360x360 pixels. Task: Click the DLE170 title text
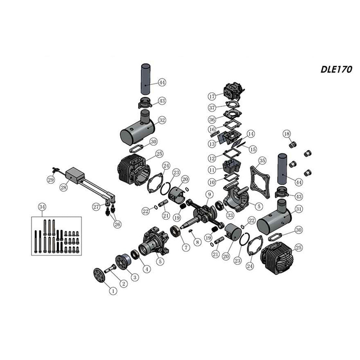tap(336, 70)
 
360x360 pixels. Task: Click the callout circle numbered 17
tap(212, 97)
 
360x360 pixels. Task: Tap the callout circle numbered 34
tap(42, 207)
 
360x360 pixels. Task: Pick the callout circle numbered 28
tap(63, 187)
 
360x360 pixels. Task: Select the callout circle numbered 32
tap(162, 120)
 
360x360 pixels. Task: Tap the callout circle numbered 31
tap(298, 209)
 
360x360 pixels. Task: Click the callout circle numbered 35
tap(262, 160)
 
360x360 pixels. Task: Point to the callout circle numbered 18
tap(287, 134)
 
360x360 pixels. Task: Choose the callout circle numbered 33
tap(230, 215)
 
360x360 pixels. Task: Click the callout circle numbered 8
tap(197, 242)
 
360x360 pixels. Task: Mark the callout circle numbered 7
tap(186, 247)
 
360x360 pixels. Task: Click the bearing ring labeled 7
tap(176, 231)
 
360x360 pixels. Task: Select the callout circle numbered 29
tap(51, 180)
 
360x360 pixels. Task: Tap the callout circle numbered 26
tap(117, 224)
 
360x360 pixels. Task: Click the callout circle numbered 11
tap(212, 170)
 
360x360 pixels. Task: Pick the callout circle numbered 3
tap(135, 277)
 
